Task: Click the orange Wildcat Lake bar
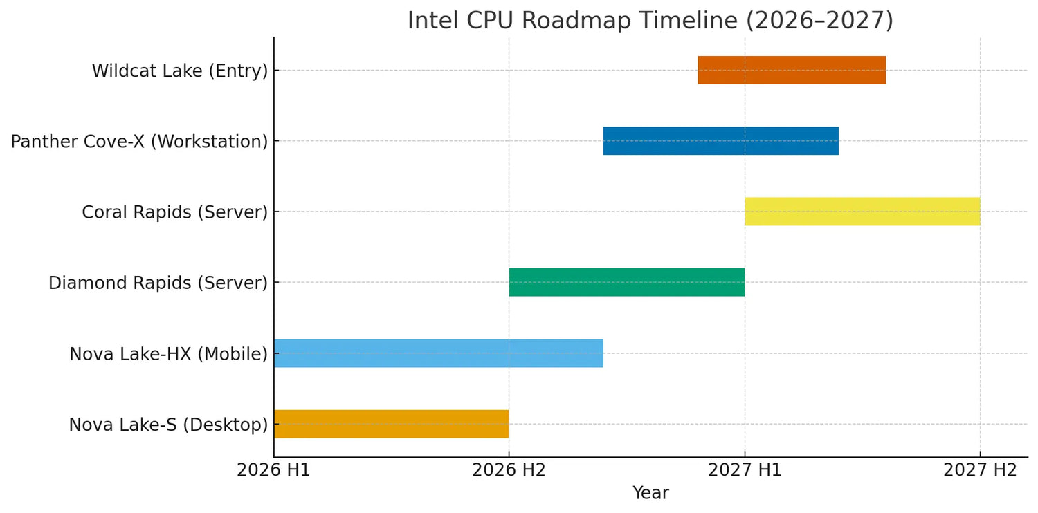click(791, 70)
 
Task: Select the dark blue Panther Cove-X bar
click(720, 141)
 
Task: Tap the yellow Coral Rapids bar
click(862, 212)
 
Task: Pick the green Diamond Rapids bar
click(626, 282)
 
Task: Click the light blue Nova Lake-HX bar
click(438, 353)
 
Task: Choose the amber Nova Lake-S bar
click(391, 424)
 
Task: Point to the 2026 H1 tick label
click(273, 470)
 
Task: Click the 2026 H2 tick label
click(509, 470)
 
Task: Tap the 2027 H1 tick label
click(745, 470)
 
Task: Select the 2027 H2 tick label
click(980, 470)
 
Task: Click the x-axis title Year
click(650, 493)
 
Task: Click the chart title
click(650, 20)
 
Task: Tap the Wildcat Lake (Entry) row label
click(180, 71)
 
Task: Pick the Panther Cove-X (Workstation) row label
click(139, 142)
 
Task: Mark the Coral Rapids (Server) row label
click(174, 212)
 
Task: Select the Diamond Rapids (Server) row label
click(158, 283)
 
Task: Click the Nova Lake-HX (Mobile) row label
click(168, 354)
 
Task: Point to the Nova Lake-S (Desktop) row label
click(168, 425)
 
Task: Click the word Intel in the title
click(430, 20)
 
